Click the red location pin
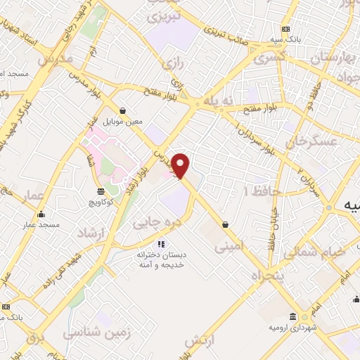pyautogui.click(x=181, y=165)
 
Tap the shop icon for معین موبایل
pyautogui.click(x=123, y=110)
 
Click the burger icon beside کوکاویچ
pyautogui.click(x=101, y=191)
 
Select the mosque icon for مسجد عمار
pyautogui.click(x=41, y=214)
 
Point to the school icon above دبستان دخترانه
pyautogui.click(x=161, y=244)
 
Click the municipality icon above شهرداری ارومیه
pyautogui.click(x=294, y=317)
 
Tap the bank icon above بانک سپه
pyautogui.click(x=285, y=29)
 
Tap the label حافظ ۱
pyautogui.click(x=262, y=191)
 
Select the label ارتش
pyautogui.click(x=199, y=341)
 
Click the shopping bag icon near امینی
pyautogui.click(x=225, y=224)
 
